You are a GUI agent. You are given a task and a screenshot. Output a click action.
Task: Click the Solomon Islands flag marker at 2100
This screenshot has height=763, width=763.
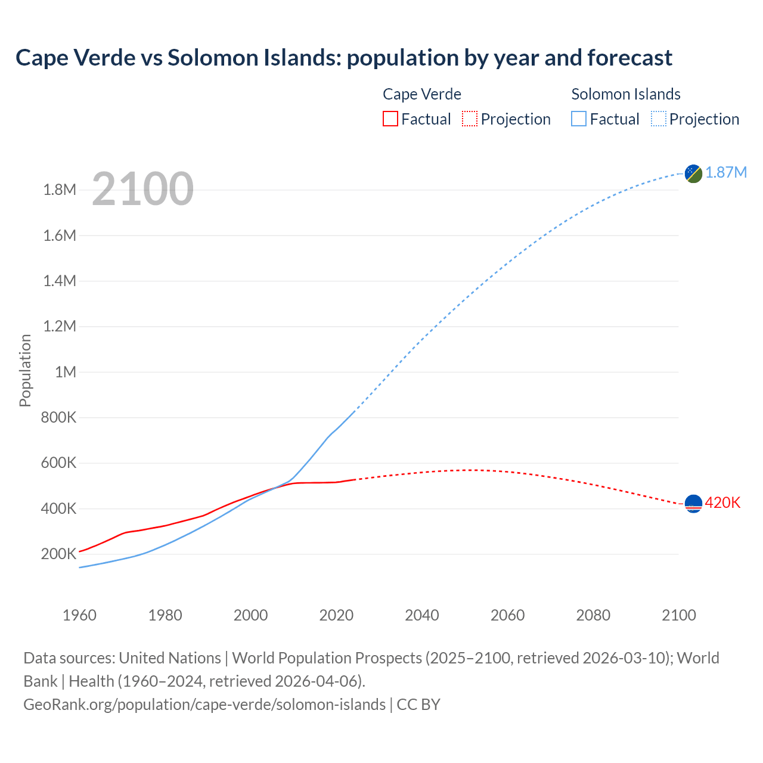tap(693, 173)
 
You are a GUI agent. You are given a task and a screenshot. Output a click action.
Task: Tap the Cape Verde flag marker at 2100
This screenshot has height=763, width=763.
tap(693, 504)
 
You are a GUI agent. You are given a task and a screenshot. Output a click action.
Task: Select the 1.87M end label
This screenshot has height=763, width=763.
tap(726, 173)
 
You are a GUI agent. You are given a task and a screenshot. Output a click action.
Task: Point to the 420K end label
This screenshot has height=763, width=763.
tap(722, 503)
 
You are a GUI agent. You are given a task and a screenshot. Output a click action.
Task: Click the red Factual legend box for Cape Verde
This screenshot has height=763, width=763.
tap(390, 119)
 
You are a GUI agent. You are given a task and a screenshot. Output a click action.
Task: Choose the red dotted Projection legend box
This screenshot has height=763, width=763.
tap(470, 119)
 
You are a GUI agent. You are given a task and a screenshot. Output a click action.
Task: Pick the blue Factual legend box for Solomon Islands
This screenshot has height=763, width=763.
tap(579, 119)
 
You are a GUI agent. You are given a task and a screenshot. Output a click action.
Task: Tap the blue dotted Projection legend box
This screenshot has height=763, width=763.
tap(659, 119)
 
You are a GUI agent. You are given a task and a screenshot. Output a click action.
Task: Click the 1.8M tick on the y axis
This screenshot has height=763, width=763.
tap(60, 190)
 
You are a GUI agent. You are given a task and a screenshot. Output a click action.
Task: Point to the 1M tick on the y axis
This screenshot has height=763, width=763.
tap(66, 373)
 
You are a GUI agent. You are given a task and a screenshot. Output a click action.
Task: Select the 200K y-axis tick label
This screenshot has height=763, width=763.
tap(58, 554)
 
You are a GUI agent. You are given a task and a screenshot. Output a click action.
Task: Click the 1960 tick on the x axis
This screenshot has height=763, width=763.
tap(79, 615)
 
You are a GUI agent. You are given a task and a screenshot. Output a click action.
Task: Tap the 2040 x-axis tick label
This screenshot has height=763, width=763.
tap(422, 615)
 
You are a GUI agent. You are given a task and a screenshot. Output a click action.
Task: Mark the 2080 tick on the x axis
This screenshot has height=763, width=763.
tap(593, 615)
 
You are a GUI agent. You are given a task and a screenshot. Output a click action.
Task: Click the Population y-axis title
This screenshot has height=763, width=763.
tap(25, 371)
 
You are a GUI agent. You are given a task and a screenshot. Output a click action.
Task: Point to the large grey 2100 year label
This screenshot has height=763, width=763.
tap(142, 189)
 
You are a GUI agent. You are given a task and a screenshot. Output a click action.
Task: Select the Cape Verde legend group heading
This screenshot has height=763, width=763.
tap(422, 94)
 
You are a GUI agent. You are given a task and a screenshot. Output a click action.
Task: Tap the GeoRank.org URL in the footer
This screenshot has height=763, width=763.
tap(204, 705)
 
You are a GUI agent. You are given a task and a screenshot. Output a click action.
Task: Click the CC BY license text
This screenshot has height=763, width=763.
tap(418, 705)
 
